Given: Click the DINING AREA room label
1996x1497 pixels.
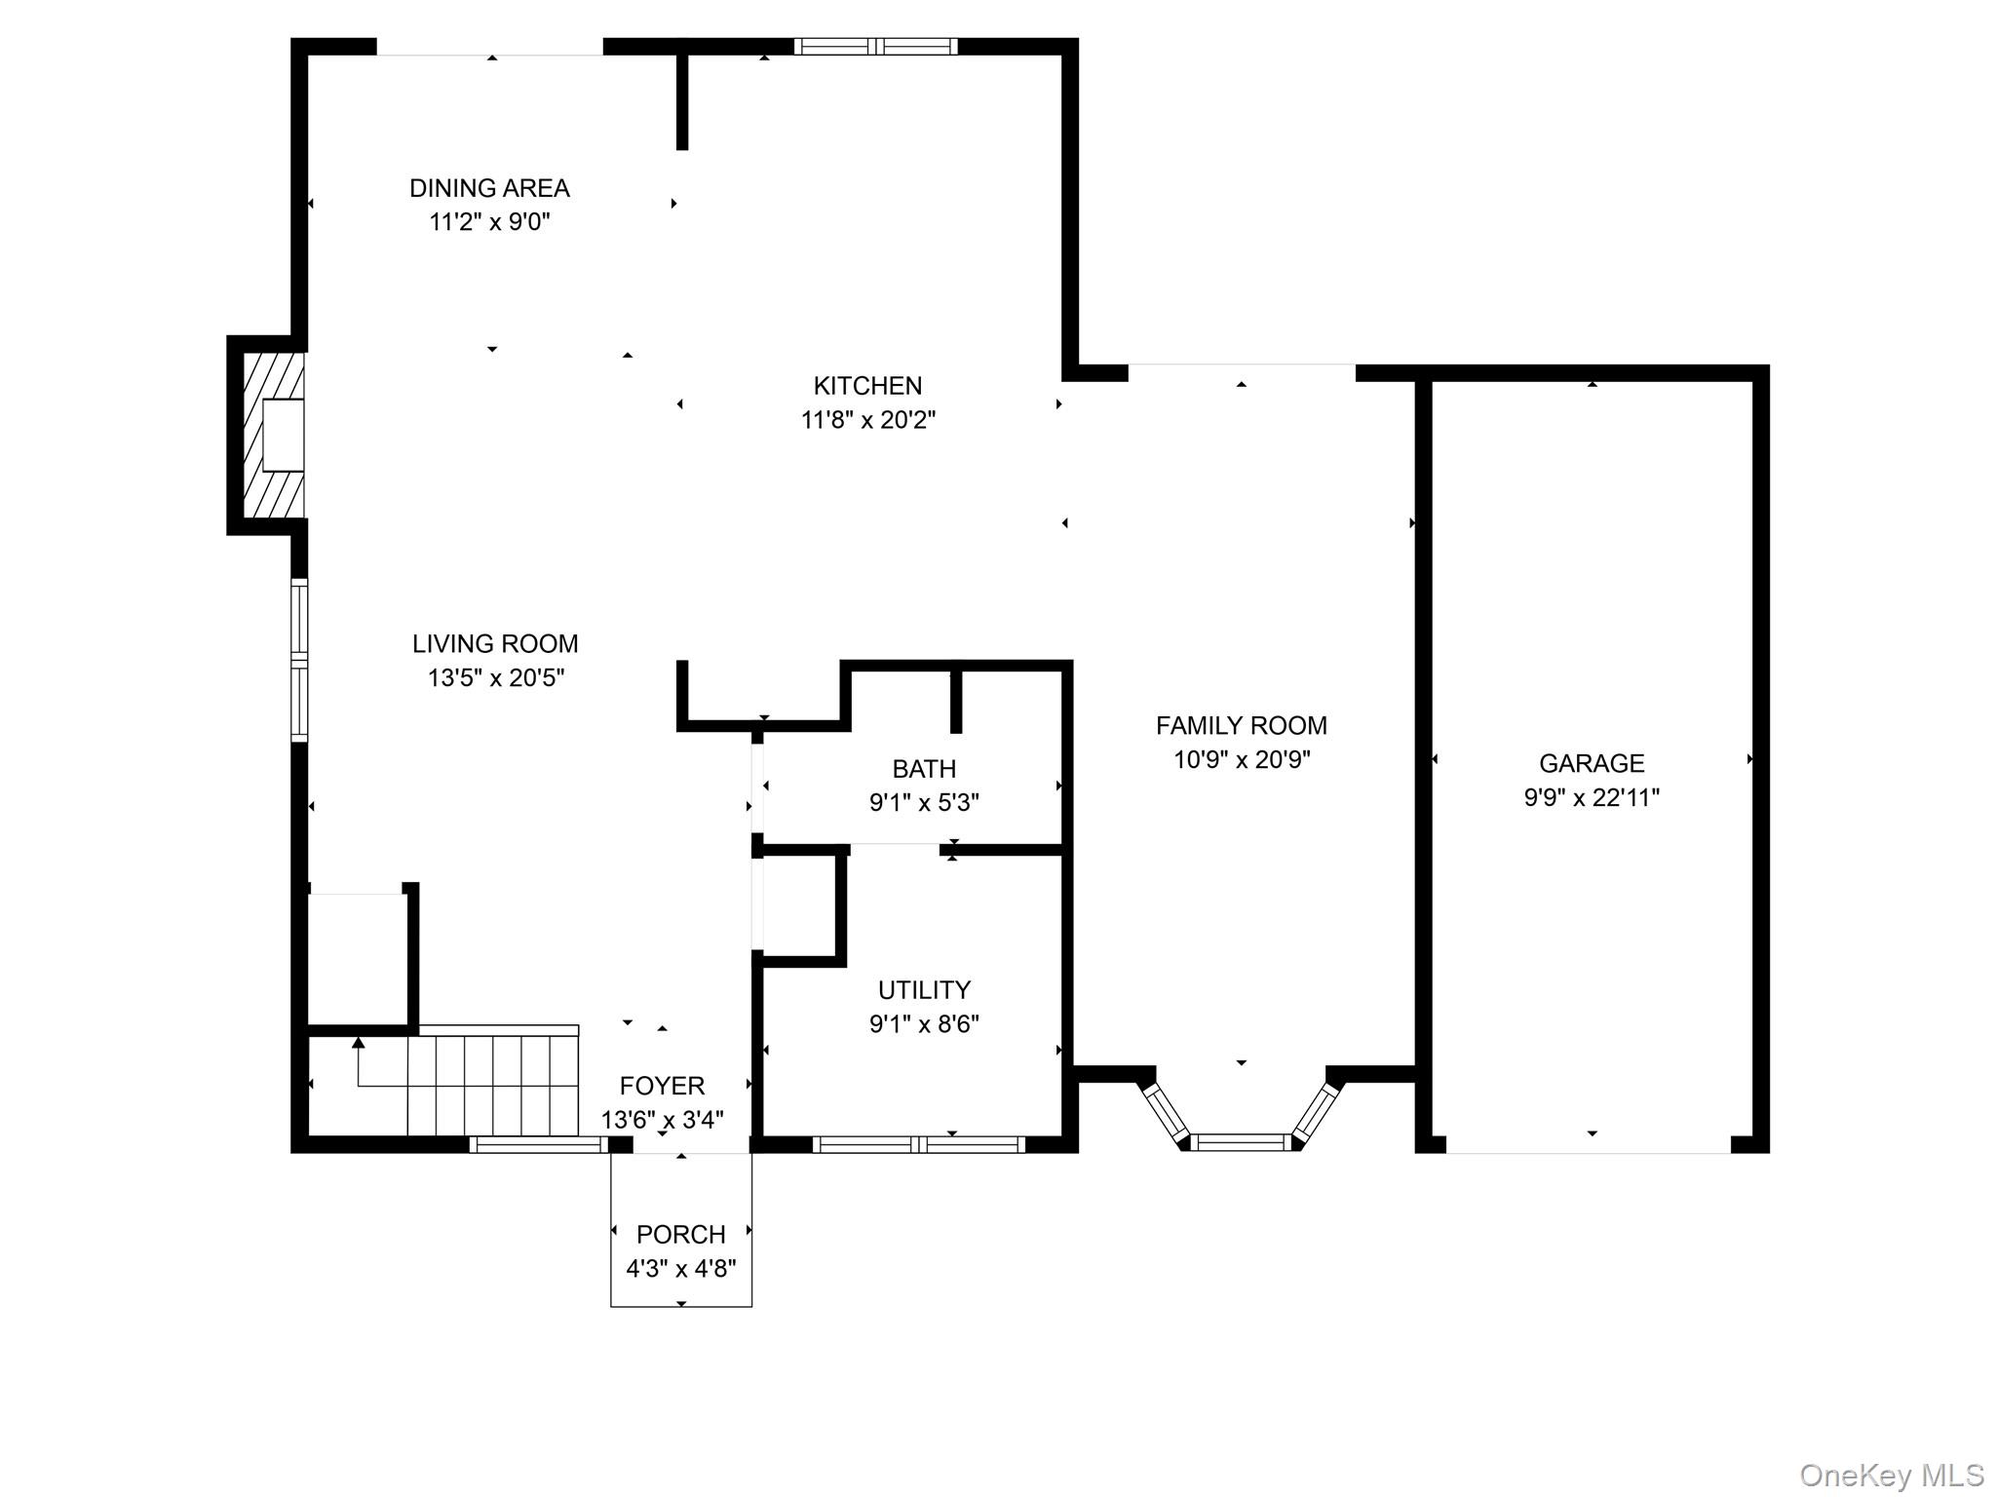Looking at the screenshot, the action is point(489,188).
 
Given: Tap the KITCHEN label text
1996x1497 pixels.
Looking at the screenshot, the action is point(867,386).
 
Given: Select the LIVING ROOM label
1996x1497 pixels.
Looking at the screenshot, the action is point(495,644).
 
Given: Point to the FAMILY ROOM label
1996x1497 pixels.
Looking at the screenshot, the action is point(1242,726).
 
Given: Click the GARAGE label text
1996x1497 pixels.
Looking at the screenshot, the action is point(1592,764).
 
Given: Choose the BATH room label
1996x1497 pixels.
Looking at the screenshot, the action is point(924,770).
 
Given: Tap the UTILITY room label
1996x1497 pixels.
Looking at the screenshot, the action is point(924,990).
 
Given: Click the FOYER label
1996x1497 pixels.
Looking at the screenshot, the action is point(662,1086).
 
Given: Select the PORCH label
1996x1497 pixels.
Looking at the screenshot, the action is point(680,1235).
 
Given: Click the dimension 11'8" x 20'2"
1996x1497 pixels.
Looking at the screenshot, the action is point(867,420).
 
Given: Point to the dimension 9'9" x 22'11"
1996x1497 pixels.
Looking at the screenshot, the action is point(1592,798).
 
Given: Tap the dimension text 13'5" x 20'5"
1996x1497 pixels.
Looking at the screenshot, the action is point(495,678).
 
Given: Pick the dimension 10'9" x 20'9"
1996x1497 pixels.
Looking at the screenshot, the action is point(1242,760).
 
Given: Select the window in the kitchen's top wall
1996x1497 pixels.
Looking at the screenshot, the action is point(876,46).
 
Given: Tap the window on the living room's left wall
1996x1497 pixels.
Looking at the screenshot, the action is point(299,660).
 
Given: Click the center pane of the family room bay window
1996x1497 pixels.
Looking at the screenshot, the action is point(1241,1142).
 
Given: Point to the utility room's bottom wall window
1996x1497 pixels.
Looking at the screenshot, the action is point(919,1144).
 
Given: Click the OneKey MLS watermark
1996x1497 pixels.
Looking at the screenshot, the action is point(1891,1476).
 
